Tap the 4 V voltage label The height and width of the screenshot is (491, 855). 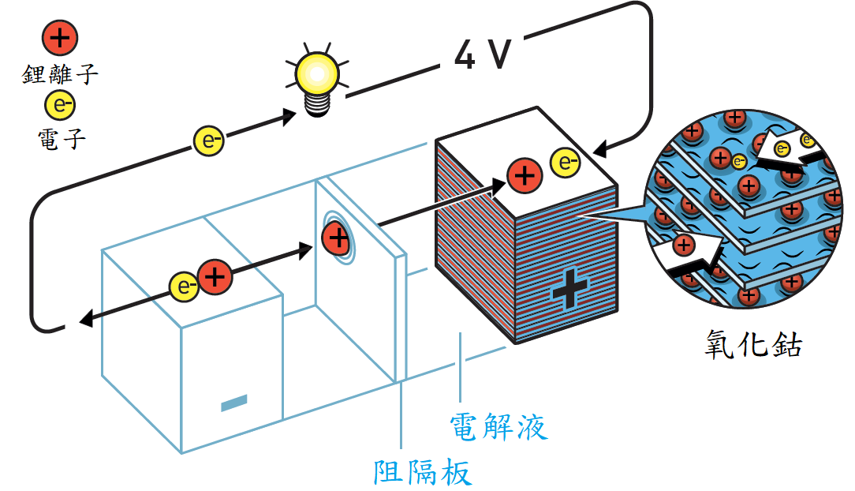(483, 54)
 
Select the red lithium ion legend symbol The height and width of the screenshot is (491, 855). (60, 38)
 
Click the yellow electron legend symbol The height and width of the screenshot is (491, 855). (60, 105)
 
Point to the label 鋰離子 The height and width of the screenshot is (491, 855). (60, 74)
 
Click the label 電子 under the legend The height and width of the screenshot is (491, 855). (62, 139)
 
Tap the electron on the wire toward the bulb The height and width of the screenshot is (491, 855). (209, 141)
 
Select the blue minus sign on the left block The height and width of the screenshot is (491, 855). (234, 403)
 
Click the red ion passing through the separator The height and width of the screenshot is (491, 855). (337, 238)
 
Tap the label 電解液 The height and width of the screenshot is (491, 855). (498, 426)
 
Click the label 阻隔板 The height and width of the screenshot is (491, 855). (423, 472)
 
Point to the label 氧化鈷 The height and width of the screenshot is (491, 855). (753, 343)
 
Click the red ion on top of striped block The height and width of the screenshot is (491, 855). (525, 176)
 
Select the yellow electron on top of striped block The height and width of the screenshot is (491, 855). (566, 162)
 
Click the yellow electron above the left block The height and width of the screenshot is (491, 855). (185, 287)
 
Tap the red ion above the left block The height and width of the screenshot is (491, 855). (215, 277)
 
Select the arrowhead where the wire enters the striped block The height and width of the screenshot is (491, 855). (599, 148)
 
